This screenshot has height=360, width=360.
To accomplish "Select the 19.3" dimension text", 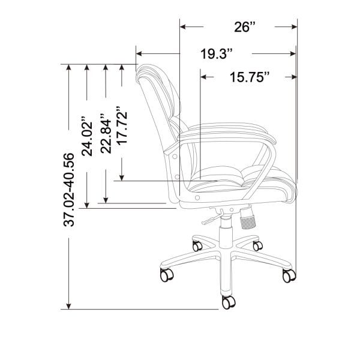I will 217,54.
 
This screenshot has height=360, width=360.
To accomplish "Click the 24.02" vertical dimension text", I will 88,136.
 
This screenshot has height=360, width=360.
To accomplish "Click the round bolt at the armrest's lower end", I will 198,197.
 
